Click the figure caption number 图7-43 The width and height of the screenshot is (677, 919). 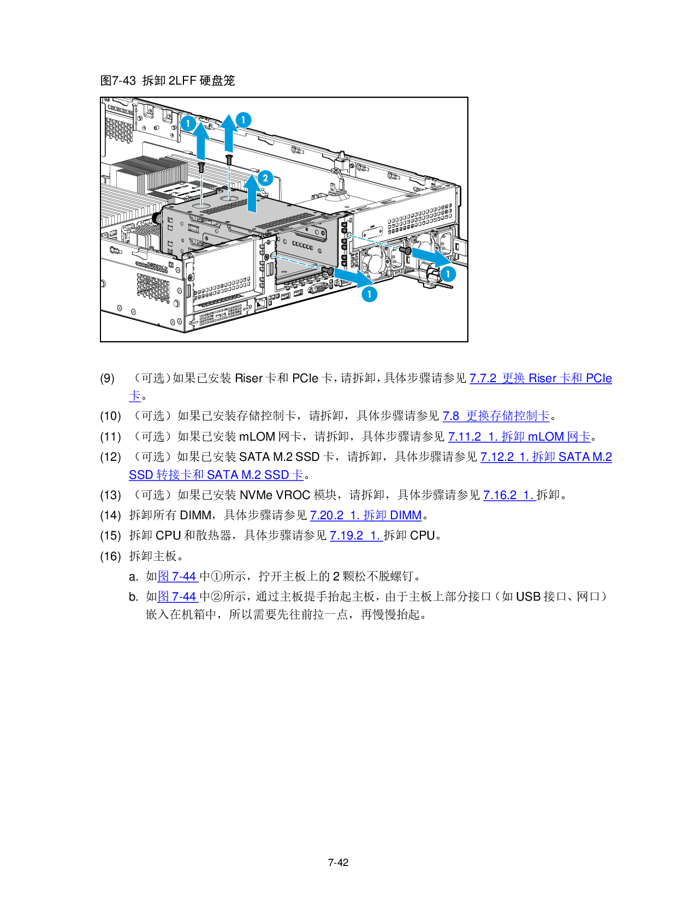tap(118, 80)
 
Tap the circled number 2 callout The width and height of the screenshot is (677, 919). tap(265, 178)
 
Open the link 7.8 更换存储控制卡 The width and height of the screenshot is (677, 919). tap(496, 416)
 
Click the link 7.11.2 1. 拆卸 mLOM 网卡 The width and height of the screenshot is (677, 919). tap(519, 436)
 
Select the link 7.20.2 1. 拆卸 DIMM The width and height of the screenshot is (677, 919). tap(366, 515)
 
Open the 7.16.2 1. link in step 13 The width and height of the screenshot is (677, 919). tap(509, 495)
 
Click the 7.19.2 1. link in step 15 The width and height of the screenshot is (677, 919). tap(356, 535)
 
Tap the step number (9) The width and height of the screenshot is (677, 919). tap(108, 378)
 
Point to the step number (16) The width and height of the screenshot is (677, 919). tap(110, 556)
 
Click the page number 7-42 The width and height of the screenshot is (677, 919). tap(338, 862)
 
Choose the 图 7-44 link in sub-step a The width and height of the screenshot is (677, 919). tap(178, 577)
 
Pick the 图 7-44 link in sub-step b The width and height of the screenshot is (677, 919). tap(178, 596)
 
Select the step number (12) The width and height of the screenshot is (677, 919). tap(110, 457)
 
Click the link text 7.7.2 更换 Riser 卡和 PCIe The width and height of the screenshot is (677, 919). tap(541, 378)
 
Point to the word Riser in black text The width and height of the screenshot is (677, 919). tap(248, 378)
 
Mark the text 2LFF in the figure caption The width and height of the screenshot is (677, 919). tap(182, 80)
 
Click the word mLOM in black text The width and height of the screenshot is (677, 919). tap(257, 436)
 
